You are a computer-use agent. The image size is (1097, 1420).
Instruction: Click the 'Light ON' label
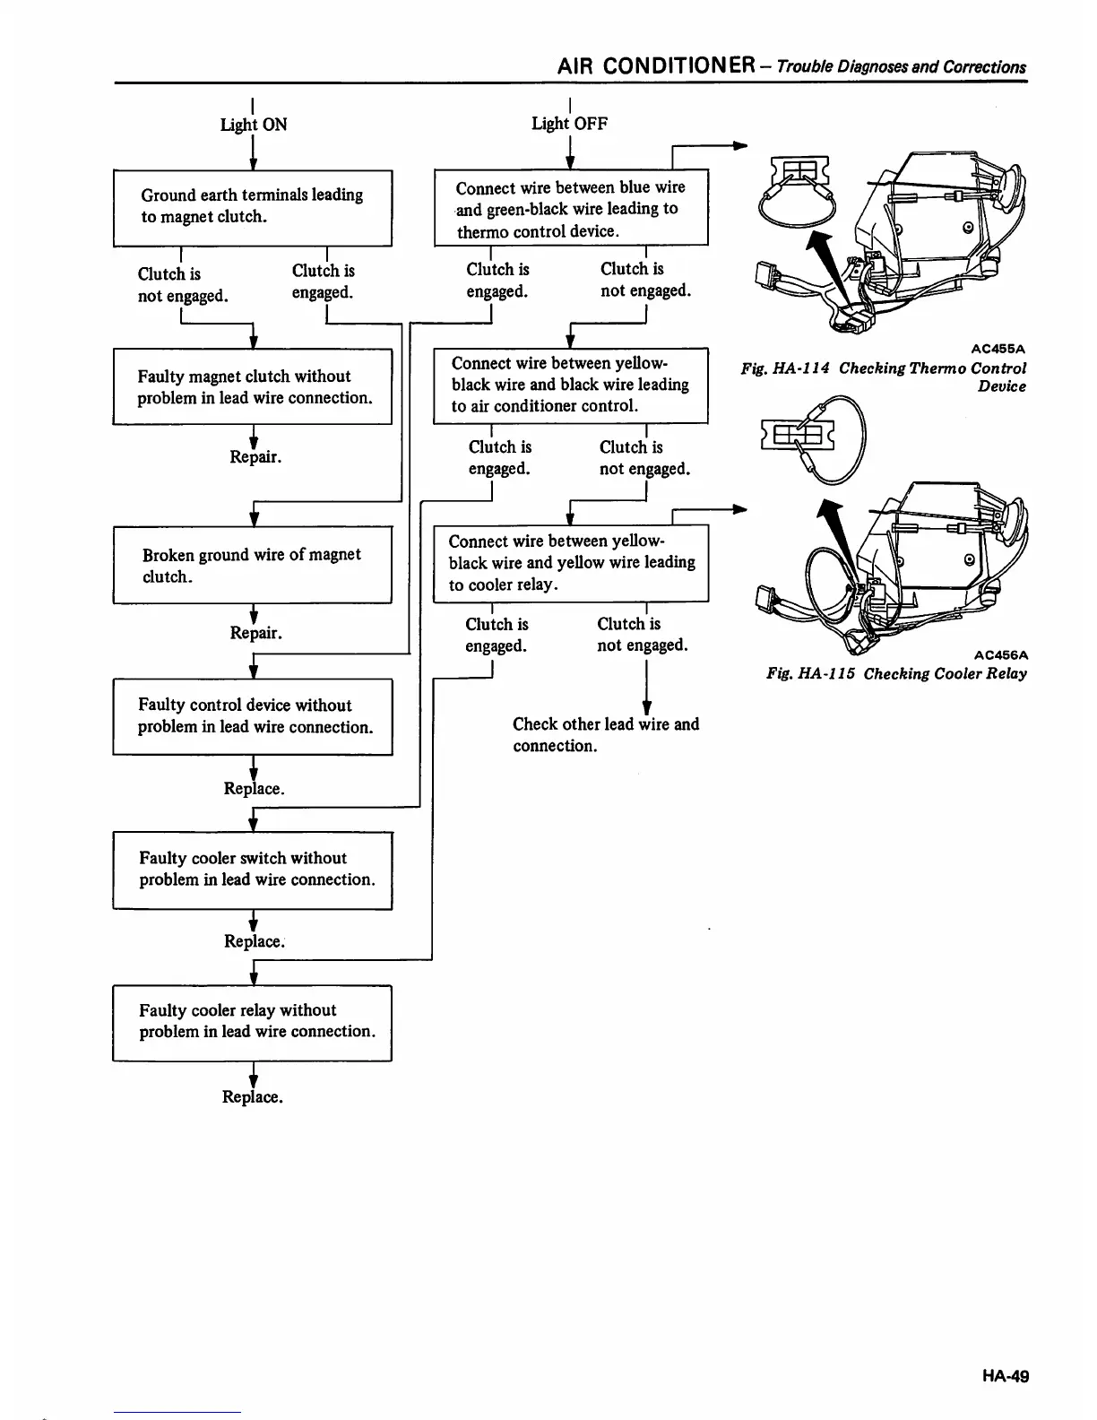[x=254, y=125]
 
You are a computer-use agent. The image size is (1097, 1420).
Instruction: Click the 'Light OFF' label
[x=569, y=124]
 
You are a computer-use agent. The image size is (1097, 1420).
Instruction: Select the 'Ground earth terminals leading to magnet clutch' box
[x=253, y=207]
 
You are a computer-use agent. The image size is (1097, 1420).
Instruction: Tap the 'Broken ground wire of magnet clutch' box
[x=253, y=565]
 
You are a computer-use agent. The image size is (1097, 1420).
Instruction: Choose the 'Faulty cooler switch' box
[x=253, y=870]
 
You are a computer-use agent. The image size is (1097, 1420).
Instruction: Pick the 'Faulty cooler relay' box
[x=253, y=1022]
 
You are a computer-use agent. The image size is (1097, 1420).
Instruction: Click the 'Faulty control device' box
[x=253, y=716]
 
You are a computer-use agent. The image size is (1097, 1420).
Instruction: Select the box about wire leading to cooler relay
[x=571, y=563]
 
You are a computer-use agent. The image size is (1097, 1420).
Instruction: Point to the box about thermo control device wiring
[x=571, y=209]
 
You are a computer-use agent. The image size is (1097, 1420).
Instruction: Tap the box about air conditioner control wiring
[x=571, y=385]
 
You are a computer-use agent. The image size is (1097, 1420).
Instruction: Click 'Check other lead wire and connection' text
[x=606, y=735]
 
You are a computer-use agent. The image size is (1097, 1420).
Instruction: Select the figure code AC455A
[x=998, y=349]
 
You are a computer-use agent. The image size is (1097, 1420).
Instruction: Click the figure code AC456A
[x=999, y=654]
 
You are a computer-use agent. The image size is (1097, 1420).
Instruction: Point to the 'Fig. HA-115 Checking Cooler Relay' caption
[x=896, y=674]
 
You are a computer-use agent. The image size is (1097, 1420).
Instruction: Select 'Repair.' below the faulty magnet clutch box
[x=255, y=457]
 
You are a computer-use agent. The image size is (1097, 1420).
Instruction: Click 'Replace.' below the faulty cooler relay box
[x=253, y=1097]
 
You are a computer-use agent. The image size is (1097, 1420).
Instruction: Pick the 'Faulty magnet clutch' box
[x=253, y=387]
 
